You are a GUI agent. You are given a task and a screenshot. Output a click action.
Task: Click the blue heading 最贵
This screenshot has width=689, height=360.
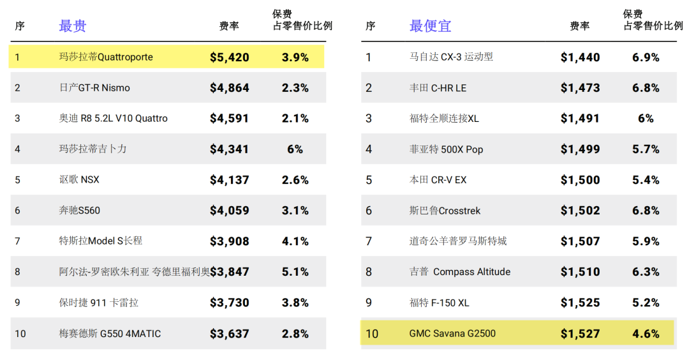[73, 26]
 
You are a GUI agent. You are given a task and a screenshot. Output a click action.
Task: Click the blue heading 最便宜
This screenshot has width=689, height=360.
[430, 26]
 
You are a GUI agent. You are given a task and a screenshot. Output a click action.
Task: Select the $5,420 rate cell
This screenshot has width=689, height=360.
[230, 57]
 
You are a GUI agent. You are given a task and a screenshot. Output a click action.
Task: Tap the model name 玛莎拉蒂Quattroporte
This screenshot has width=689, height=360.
[106, 57]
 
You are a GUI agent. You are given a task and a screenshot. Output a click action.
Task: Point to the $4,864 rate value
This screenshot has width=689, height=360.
[230, 88]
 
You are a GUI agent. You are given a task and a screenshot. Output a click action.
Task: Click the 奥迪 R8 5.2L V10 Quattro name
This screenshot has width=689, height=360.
[114, 118]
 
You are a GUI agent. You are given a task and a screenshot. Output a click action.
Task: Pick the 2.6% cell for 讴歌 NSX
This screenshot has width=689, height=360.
[295, 180]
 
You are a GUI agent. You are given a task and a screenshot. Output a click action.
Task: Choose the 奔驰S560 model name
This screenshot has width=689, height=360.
[80, 210]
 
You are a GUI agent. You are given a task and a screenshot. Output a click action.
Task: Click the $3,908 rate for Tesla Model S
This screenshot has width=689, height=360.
[230, 241]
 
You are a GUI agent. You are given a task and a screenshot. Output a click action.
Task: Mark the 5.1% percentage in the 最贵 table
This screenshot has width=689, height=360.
[295, 272]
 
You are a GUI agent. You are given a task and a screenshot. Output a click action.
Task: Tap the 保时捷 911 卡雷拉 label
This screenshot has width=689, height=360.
[99, 303]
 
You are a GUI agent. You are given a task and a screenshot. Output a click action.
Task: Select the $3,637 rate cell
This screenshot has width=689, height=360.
[230, 334]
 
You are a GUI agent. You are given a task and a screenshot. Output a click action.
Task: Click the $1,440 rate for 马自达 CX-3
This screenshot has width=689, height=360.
[580, 57]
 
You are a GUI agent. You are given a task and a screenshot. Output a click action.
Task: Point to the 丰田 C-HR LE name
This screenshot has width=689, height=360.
[438, 88]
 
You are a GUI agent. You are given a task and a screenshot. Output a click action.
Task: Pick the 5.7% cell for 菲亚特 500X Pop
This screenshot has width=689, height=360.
[646, 149]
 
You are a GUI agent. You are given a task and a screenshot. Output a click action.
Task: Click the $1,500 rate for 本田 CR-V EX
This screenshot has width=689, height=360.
[580, 180]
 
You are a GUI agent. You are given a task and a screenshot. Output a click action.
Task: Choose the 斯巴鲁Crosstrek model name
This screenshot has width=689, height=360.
[445, 211]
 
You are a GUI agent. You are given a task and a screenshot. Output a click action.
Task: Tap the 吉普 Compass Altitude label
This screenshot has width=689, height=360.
[460, 272]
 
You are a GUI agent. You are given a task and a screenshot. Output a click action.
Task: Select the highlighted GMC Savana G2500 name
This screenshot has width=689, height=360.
[452, 333]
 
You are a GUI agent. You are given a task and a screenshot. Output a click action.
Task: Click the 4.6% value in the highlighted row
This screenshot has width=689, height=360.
[646, 334]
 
